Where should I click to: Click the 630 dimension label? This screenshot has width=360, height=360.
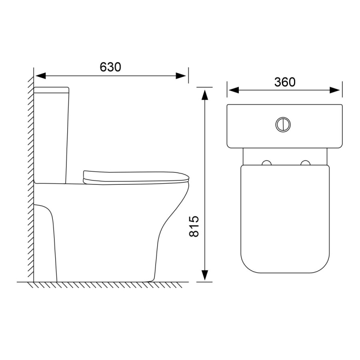[x=110, y=67]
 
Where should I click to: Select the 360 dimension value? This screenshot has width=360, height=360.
[x=285, y=82]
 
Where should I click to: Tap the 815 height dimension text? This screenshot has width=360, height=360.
[x=194, y=226]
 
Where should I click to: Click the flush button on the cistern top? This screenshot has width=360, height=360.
[x=283, y=124]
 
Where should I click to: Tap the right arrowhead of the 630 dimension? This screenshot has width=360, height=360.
[x=181, y=76]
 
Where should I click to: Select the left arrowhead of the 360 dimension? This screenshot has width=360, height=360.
[x=234, y=90]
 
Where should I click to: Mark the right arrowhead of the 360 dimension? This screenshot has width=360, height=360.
[x=335, y=90]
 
